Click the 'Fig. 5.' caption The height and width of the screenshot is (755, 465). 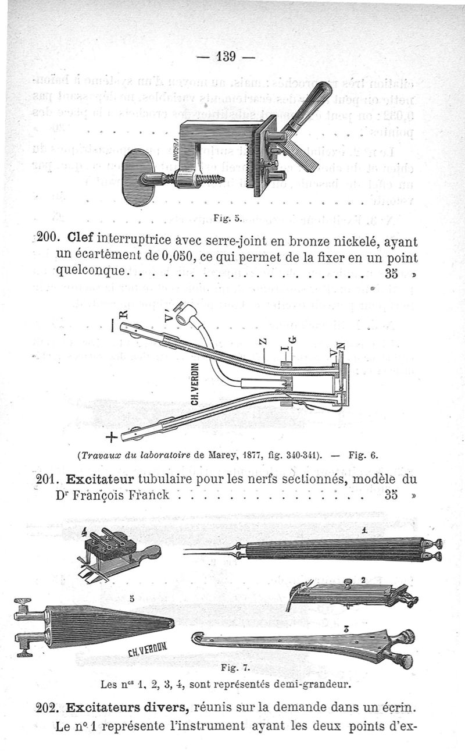coord(223,219)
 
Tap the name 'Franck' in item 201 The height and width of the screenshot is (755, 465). coord(144,496)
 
